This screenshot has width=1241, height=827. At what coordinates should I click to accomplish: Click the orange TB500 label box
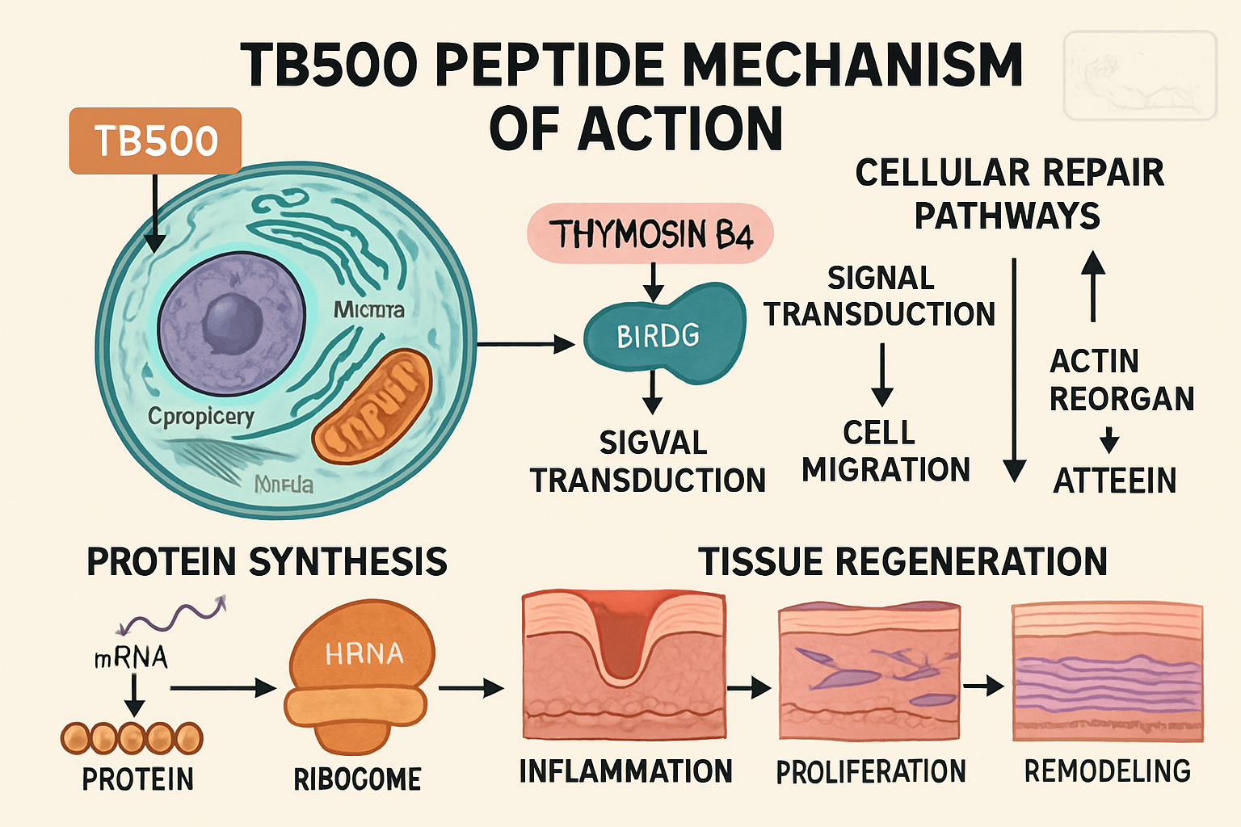point(155,141)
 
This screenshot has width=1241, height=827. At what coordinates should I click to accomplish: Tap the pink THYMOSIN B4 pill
point(650,234)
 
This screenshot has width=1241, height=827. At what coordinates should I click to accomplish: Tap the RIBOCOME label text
point(357,779)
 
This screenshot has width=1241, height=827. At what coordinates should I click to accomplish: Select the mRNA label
point(132,657)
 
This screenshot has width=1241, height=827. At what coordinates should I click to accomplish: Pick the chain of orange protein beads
point(132,737)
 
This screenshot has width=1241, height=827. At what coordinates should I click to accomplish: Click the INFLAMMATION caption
point(625,771)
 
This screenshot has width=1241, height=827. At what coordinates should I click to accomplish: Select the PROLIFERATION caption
point(870,772)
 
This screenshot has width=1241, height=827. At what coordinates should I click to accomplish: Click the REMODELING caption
point(1107,771)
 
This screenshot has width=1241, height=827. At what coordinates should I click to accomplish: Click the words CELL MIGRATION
point(885,451)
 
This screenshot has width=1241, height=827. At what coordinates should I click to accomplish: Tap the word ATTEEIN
point(1114,481)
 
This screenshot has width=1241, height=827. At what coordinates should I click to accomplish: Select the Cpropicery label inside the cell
point(201,417)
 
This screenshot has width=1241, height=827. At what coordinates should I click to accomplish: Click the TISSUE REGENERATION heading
point(902,561)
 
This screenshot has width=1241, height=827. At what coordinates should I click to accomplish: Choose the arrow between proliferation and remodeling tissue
point(983,686)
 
